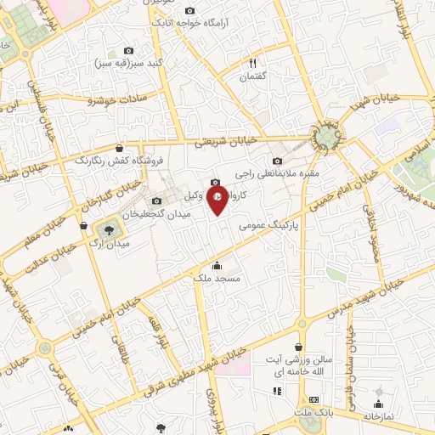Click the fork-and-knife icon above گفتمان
(252, 63)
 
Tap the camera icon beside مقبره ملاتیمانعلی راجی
(277, 161)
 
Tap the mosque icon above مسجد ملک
(218, 264)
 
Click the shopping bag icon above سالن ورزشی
(298, 347)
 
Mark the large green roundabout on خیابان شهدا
(325, 136)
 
